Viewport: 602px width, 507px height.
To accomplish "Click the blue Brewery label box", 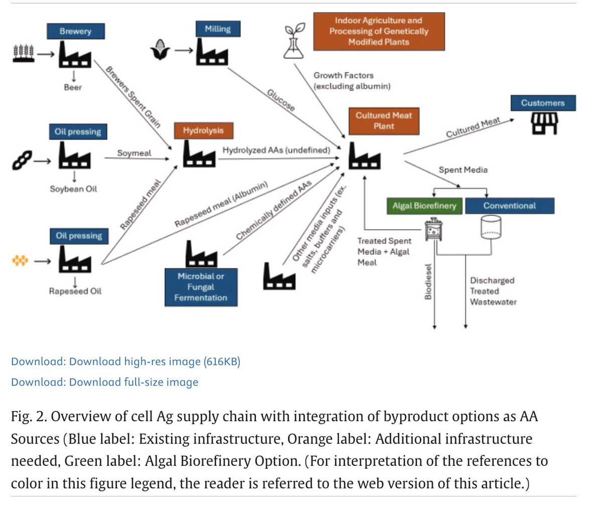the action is pos(76,31).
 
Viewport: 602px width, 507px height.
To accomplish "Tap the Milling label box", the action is pos(218,29).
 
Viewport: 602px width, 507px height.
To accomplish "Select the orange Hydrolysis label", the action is pos(204,130).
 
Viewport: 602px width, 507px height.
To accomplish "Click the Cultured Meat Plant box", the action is pos(384,121).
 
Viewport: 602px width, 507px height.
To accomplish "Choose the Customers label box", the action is pos(543,103).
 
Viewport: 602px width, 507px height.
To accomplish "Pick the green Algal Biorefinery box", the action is pos(424,206).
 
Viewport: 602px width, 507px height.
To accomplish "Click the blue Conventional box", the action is pos(510,206).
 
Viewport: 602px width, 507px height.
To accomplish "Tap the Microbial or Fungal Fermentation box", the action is pos(201,287).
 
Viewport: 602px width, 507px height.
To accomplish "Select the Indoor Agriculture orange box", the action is pos(379,32).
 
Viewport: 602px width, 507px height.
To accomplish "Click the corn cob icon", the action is pos(161,50).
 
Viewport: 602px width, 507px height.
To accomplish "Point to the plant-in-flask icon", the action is pos(294,41).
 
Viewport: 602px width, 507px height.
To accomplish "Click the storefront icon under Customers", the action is pos(544,124).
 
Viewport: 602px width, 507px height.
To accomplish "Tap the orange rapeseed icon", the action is pos(20,261).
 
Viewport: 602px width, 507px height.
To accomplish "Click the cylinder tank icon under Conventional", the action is pos(491,227).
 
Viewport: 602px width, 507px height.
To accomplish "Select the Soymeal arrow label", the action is pos(134,153).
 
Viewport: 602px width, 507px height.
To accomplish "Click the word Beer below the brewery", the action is pos(73,87).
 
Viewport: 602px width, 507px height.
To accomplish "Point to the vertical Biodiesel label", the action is pos(428,282).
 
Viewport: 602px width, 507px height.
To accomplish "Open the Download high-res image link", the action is pos(126,362).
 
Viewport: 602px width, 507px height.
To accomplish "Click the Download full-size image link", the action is pos(105,382).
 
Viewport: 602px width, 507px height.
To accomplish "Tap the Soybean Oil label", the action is pos(74,189).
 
